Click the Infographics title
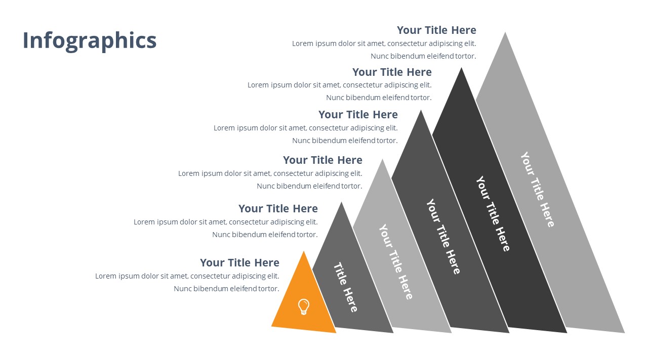point(90,41)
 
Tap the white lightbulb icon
point(303,307)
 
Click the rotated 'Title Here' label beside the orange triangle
point(346,287)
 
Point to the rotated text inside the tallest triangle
point(538,190)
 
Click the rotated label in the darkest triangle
point(493,213)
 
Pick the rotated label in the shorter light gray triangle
point(396,262)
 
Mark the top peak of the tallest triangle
point(505,32)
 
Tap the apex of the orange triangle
point(304,251)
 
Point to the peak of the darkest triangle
point(461,68)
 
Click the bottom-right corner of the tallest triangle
point(625,333)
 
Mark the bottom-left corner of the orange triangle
point(272,326)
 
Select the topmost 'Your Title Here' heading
point(436,30)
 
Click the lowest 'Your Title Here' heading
point(239,262)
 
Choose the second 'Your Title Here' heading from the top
point(392,72)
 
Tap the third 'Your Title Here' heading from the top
point(358,114)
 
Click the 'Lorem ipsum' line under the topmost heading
point(384,43)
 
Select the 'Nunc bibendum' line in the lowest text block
point(226,289)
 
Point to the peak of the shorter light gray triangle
point(382,159)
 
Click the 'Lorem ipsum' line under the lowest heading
point(187,276)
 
